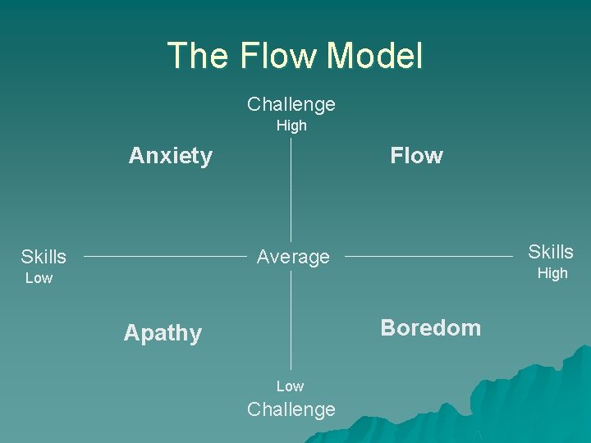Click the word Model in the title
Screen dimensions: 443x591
point(374,56)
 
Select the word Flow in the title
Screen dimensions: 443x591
point(278,56)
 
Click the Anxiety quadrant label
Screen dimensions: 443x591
point(171,156)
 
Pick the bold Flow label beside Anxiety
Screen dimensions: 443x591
point(416,156)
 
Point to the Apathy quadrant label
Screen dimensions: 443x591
point(163,333)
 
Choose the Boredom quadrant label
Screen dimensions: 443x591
point(431,328)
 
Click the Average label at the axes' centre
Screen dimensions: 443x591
point(293,258)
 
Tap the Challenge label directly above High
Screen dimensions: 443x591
point(291,104)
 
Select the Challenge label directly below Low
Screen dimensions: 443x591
point(291,409)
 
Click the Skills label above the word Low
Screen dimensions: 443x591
point(44,258)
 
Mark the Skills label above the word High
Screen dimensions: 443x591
point(551,252)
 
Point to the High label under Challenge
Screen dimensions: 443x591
point(291,126)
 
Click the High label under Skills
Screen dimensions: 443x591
point(552,274)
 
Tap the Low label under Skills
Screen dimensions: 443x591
point(39,279)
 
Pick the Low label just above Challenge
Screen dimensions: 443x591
point(290,386)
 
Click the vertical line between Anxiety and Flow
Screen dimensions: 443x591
point(291,189)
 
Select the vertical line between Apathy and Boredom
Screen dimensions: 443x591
point(291,320)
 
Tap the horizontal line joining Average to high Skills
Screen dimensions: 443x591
point(427,257)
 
